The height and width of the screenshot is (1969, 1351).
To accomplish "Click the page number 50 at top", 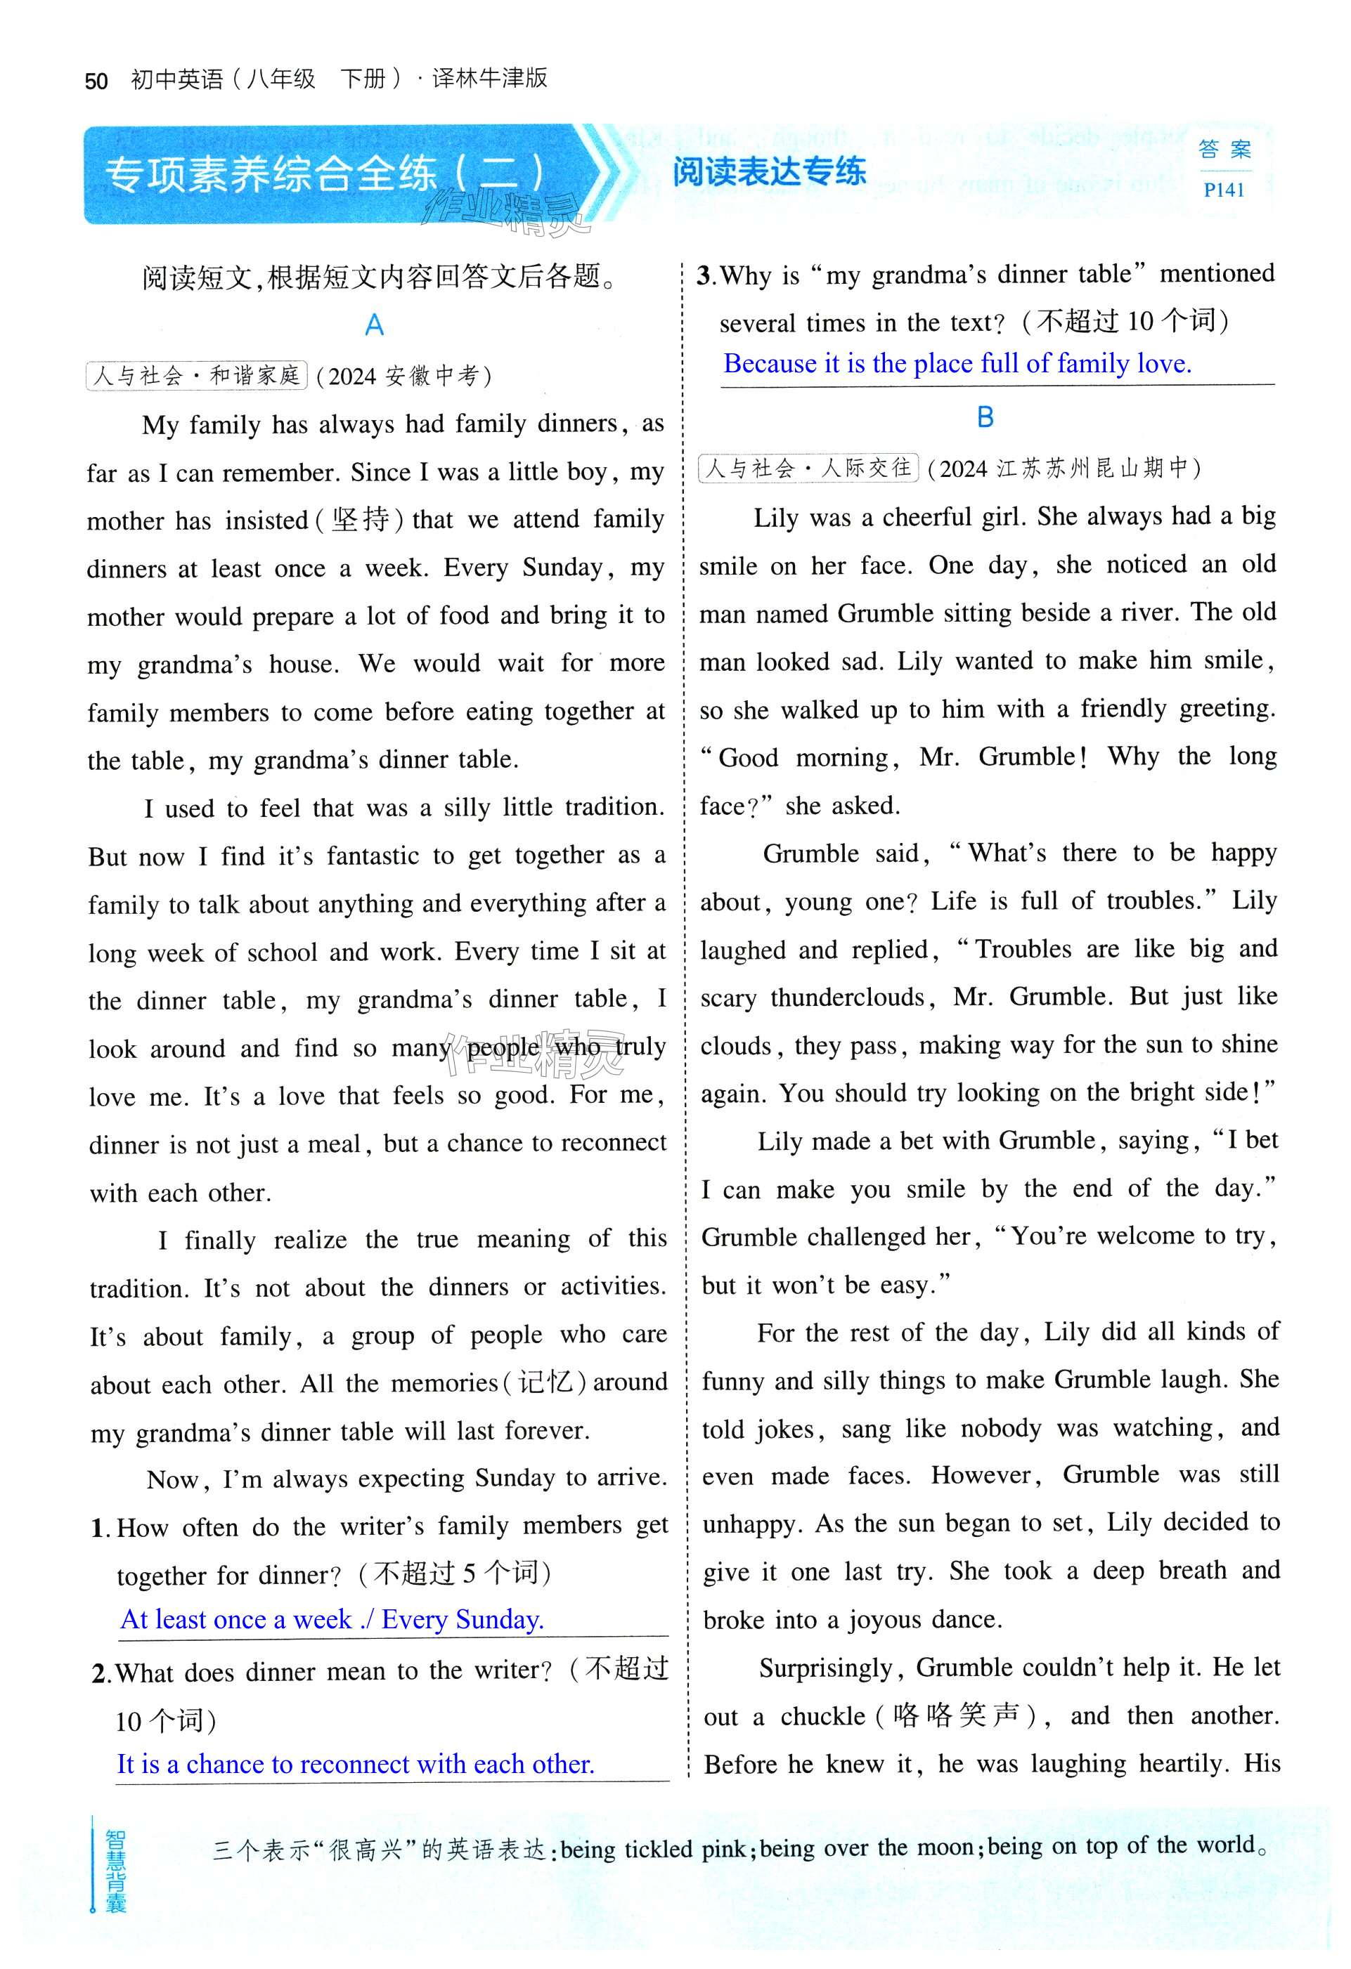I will point(96,81).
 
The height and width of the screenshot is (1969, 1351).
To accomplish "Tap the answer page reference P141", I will point(1223,190).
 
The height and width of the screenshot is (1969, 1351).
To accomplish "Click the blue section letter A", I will point(374,325).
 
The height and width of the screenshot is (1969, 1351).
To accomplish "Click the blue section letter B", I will point(985,417).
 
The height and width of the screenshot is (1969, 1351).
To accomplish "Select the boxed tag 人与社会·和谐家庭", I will point(197,375).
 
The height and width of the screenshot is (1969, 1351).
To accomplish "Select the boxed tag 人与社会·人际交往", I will point(808,468).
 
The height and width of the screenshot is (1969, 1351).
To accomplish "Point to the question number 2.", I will point(101,1674).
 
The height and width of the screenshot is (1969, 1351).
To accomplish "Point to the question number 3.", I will point(705,275).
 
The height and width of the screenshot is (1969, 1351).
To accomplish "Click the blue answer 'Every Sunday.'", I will point(462,1619).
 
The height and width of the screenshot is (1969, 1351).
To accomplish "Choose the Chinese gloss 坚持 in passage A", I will point(360,519).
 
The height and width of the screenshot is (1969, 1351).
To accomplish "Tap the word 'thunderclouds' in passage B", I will point(847,997).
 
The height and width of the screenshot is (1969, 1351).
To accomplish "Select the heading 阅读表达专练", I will point(769,172).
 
